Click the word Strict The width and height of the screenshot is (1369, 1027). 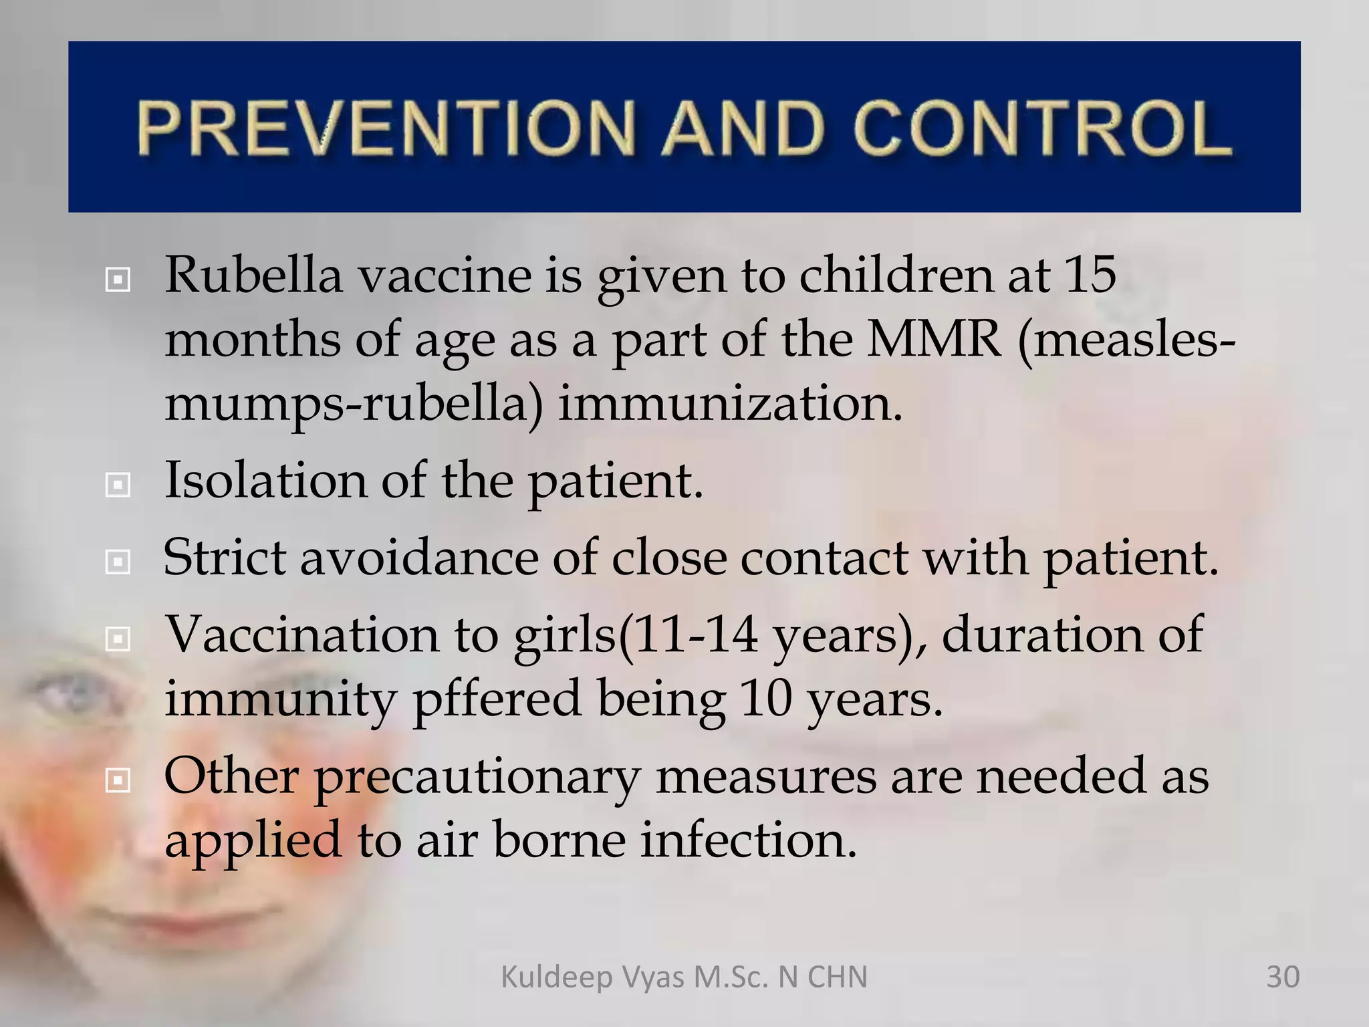click(x=224, y=557)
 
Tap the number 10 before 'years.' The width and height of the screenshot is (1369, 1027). click(x=766, y=698)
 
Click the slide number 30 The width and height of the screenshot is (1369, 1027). click(x=1282, y=977)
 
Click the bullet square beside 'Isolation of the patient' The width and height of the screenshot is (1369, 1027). click(x=118, y=485)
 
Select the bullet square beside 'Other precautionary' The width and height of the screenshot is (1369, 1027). click(x=118, y=780)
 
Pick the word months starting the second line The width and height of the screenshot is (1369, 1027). click(x=252, y=339)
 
